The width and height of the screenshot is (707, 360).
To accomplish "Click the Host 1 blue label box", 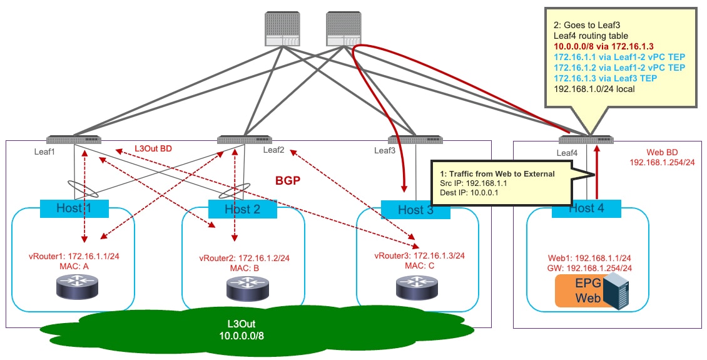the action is [74, 208].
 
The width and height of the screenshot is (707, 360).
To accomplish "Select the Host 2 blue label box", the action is [243, 209].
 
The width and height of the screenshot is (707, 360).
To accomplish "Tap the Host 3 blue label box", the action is [415, 210].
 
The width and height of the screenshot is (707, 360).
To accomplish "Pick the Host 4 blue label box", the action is [586, 208].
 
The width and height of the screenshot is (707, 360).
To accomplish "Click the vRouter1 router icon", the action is [77, 287].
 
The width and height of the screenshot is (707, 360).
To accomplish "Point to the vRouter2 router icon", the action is [246, 288].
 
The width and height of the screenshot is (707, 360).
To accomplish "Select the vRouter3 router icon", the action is [416, 287].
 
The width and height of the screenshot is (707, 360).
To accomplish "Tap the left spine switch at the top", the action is [283, 29].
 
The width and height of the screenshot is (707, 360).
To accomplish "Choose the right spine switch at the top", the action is [343, 29].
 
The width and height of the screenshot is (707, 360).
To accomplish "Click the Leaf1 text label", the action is [44, 152].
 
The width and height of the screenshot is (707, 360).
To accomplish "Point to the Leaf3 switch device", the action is [415, 140].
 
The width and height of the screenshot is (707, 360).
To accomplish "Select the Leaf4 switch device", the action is [586, 140].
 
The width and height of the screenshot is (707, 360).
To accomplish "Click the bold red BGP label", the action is [288, 182].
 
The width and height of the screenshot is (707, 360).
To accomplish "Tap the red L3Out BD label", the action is [153, 148].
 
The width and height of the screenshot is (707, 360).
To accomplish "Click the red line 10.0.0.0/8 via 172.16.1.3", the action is [604, 46].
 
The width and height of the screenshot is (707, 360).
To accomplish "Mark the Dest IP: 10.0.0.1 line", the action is [465, 193].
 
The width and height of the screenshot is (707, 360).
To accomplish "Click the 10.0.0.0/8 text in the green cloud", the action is [242, 336].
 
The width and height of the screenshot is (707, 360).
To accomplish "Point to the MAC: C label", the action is [419, 265].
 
